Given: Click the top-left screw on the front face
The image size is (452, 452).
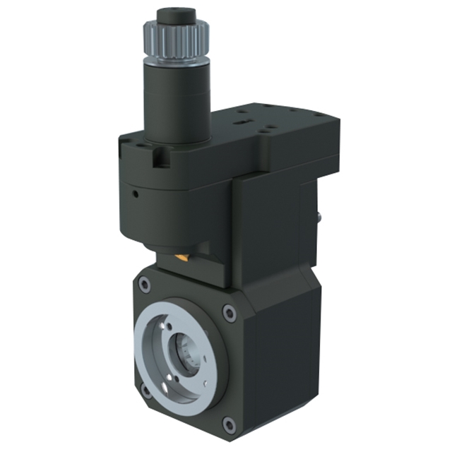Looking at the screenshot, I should tap(145, 285).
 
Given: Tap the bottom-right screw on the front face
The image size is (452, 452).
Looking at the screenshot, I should tap(227, 424).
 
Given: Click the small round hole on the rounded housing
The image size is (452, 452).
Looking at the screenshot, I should tap(133, 192).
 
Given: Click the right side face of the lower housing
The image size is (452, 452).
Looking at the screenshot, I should tap(282, 353).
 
